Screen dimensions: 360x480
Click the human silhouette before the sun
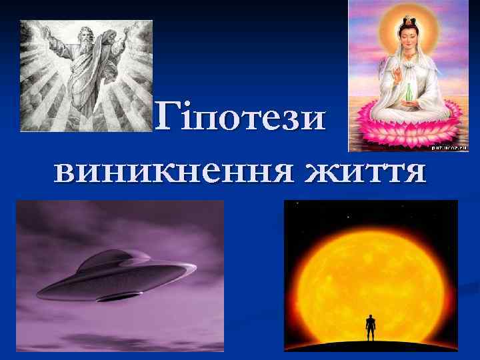371,329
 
